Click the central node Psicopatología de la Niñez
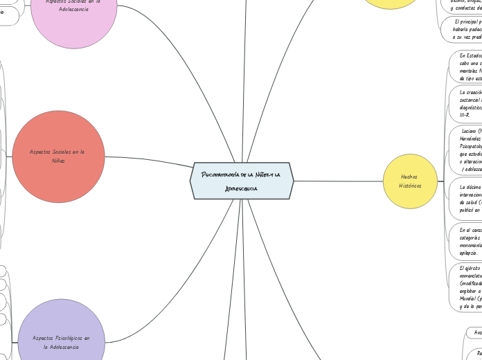[x=242, y=181]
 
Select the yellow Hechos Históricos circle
[x=409, y=181]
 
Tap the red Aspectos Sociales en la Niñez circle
[x=59, y=156]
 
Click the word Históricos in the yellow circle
[x=409, y=186]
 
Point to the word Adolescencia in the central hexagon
[x=241, y=188]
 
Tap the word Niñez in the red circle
[x=58, y=161]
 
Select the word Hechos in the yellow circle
[x=409, y=177]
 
